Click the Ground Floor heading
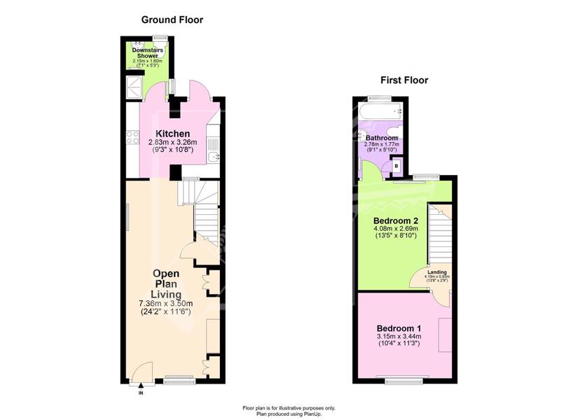pyautogui.click(x=172, y=20)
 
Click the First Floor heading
pyautogui.click(x=404, y=80)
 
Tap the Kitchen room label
pyautogui.click(x=172, y=134)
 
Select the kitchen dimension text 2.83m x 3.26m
pyautogui.click(x=172, y=142)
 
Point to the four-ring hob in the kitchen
pyautogui.click(x=132, y=137)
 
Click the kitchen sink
pyautogui.click(x=214, y=157)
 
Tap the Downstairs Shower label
pyautogui.click(x=147, y=52)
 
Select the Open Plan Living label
pyautogui.click(x=166, y=284)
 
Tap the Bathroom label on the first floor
pyautogui.click(x=382, y=138)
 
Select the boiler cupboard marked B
pyautogui.click(x=397, y=166)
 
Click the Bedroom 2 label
pyautogui.click(x=396, y=221)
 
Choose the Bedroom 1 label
pyautogui.click(x=399, y=328)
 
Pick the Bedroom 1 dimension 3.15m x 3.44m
pyautogui.click(x=399, y=337)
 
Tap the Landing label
pyautogui.click(x=436, y=272)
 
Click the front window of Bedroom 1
pyautogui.click(x=404, y=378)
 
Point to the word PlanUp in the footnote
pyautogui.click(x=312, y=414)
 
